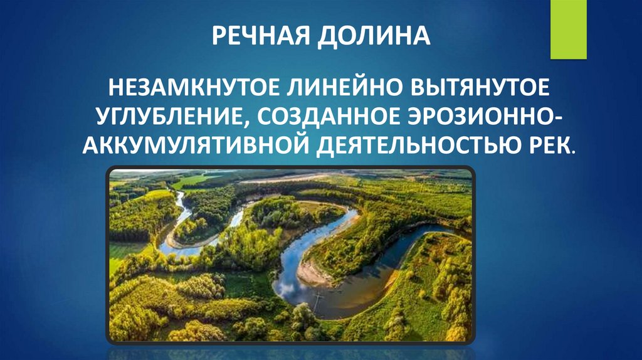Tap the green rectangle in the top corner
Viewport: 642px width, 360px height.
(x=568, y=29)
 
